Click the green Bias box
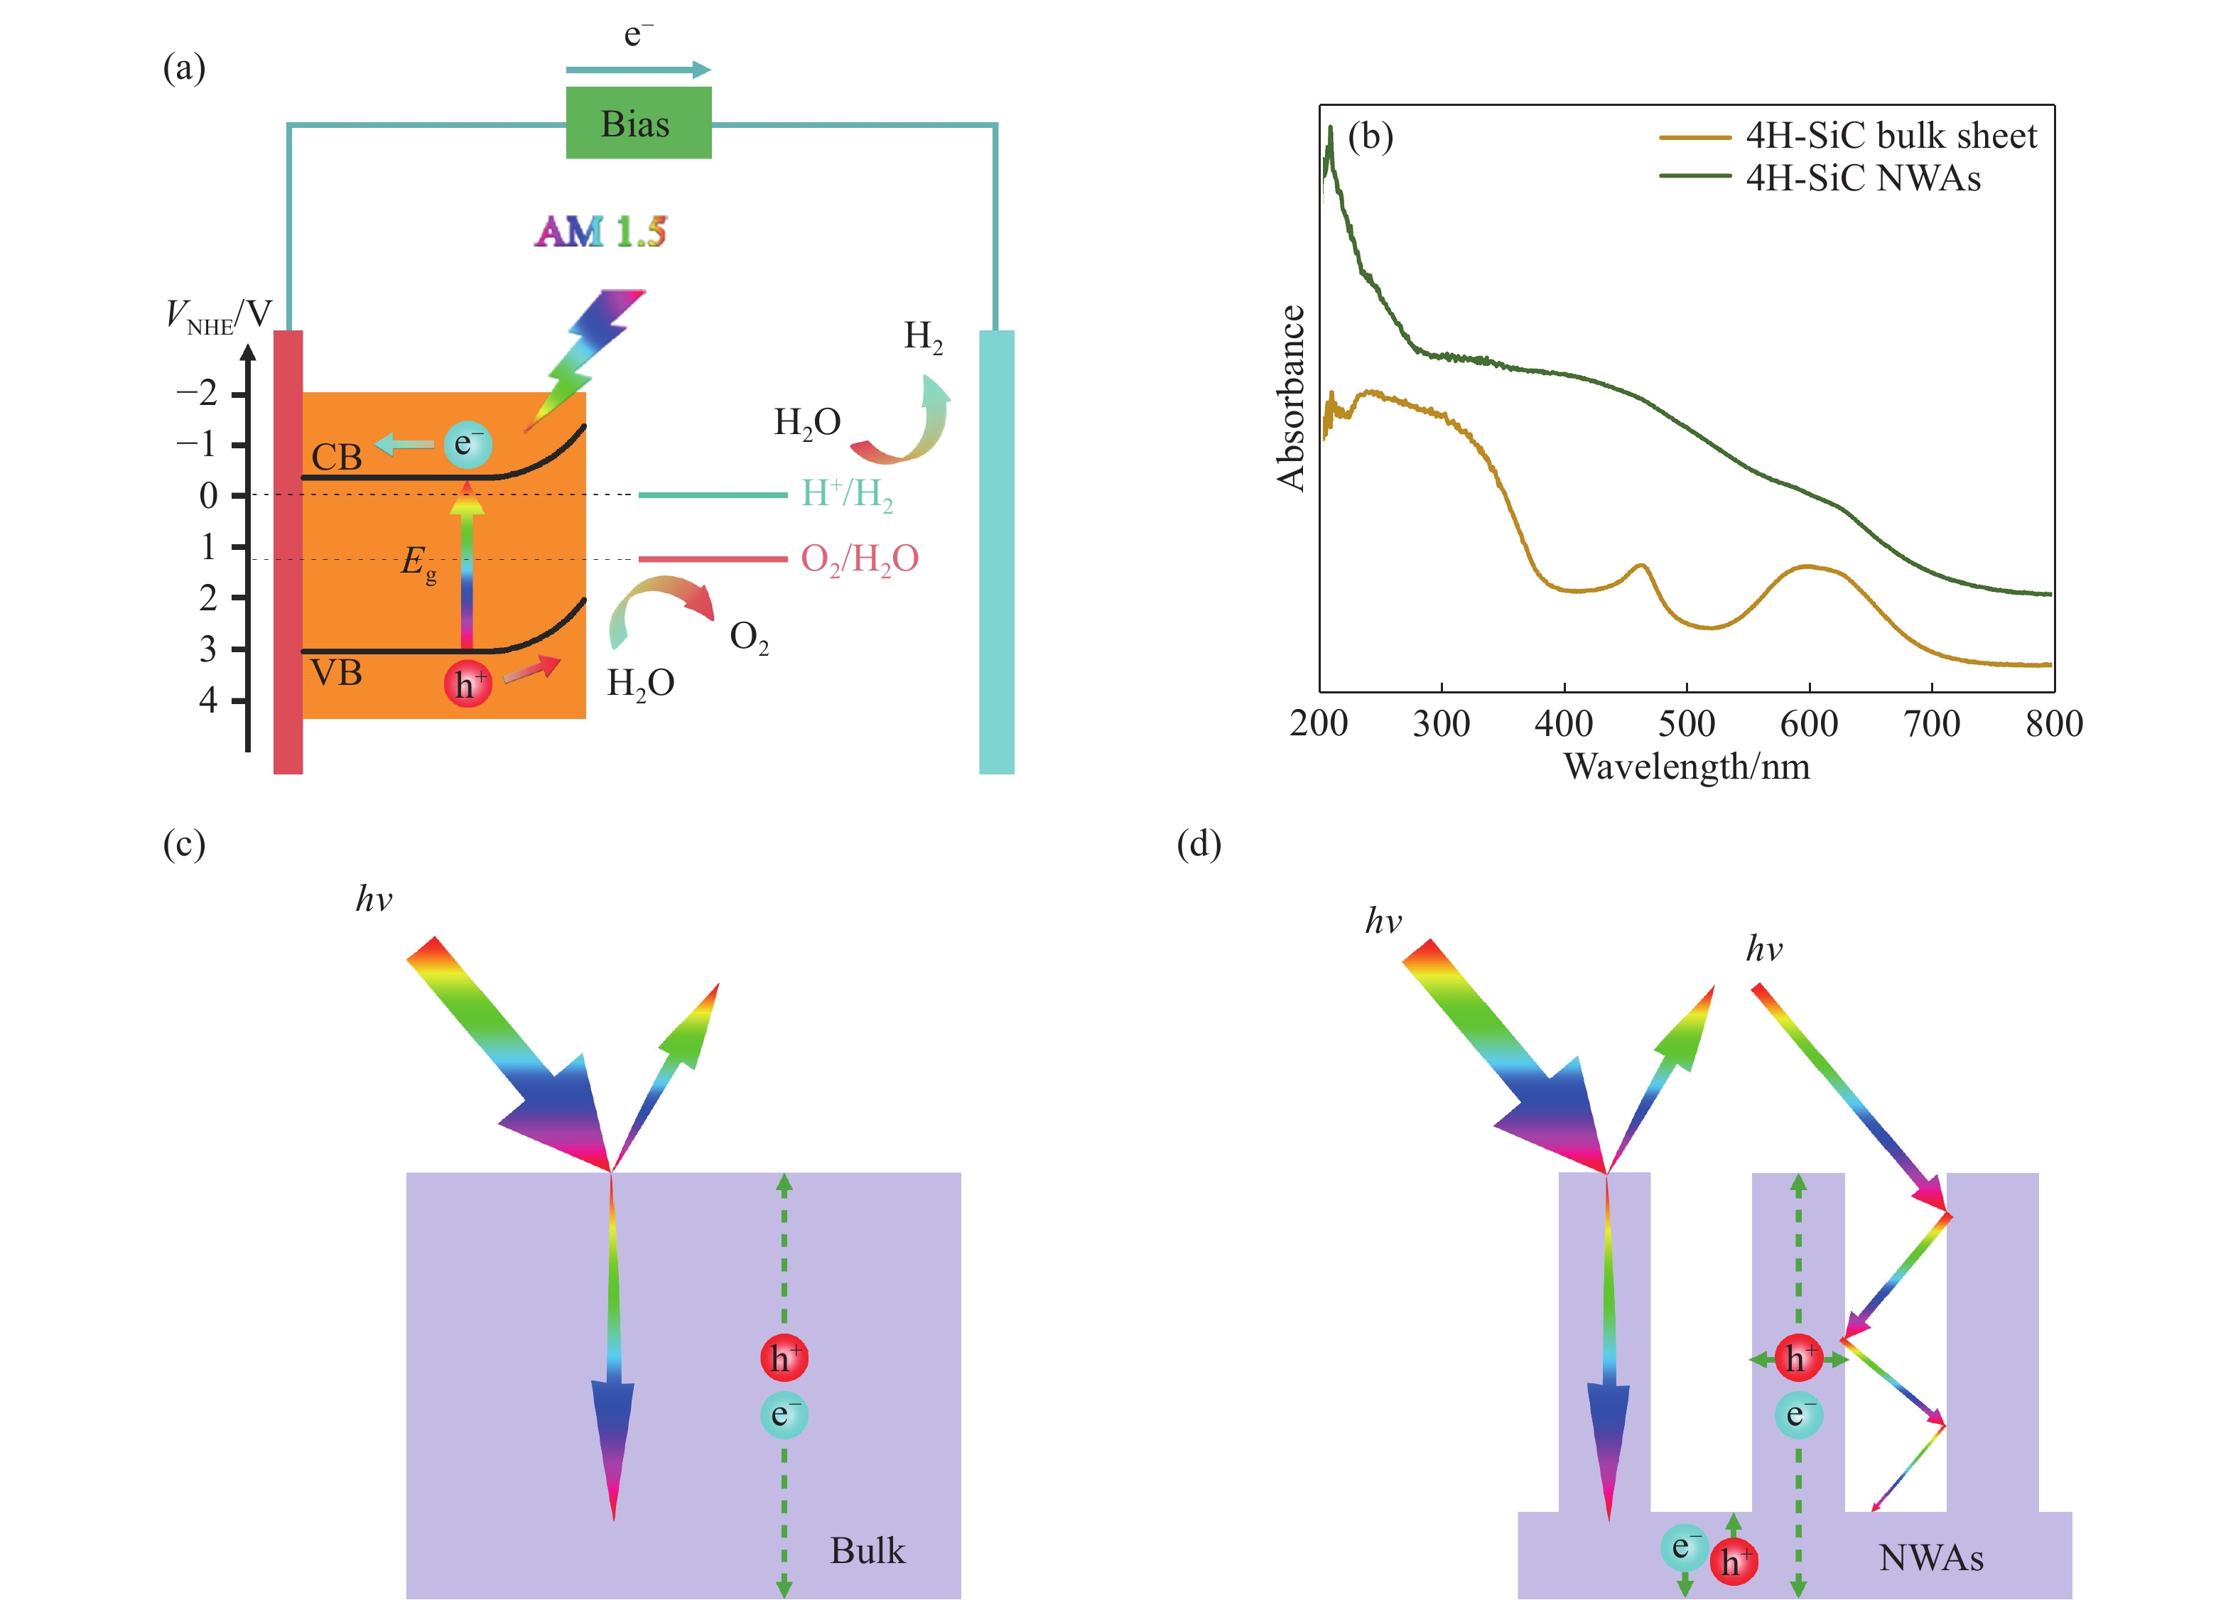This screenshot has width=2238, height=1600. coord(638,123)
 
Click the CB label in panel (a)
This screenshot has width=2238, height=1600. coord(337,456)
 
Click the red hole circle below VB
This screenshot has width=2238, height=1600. coord(467,683)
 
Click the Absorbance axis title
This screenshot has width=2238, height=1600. coord(1290,398)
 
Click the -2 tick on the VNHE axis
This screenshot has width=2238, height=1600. coord(196,393)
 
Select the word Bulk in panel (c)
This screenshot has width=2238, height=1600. coord(867,1551)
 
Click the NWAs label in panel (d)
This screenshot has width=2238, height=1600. coord(1930,1557)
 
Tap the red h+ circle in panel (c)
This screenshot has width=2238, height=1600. coord(784,1358)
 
